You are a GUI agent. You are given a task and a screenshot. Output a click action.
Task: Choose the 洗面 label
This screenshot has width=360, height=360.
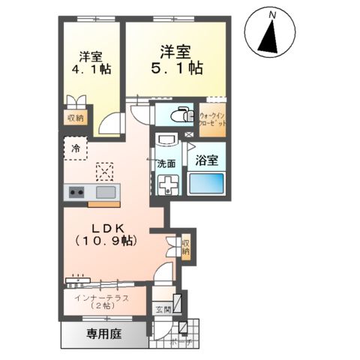(x=166, y=163)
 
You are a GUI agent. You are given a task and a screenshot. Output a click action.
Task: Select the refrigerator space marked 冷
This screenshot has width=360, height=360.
(x=76, y=148)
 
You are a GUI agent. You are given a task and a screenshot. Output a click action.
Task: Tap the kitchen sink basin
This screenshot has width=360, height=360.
(x=104, y=193)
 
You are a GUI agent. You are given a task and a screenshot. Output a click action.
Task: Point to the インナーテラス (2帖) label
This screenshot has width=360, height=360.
(x=101, y=302)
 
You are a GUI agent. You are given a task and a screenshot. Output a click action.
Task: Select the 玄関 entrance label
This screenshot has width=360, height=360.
(x=163, y=309)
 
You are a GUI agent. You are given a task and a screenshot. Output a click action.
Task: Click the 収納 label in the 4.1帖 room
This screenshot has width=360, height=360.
(x=76, y=118)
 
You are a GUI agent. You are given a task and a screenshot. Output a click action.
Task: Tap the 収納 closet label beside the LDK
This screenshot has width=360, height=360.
(x=185, y=247)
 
